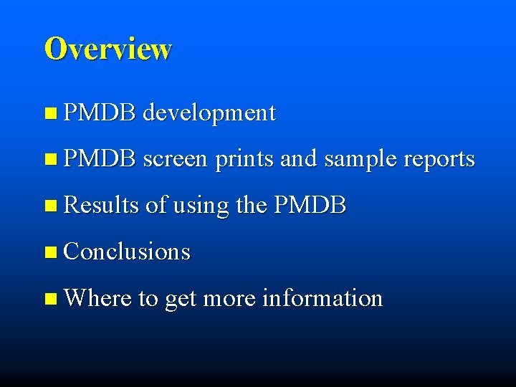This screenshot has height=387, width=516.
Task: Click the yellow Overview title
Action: click(x=107, y=49)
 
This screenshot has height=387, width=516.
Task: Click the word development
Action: click(x=209, y=113)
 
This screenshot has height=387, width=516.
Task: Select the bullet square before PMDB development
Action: click(x=49, y=113)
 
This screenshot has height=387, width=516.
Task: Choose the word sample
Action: click(x=358, y=159)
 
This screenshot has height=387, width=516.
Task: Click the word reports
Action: click(x=435, y=159)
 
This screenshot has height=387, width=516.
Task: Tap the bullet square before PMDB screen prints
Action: click(x=49, y=159)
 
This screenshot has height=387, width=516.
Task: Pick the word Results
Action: click(x=100, y=206)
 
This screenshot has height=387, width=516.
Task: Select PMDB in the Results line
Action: click(x=310, y=206)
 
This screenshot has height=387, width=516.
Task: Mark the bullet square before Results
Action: click(x=49, y=206)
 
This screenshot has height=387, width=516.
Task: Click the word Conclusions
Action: click(x=127, y=252)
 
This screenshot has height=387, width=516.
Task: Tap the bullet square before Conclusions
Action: click(x=49, y=252)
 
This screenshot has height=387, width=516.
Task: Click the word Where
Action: click(x=97, y=297)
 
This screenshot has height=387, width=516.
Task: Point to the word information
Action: click(x=322, y=297)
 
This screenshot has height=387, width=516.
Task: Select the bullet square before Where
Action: click(x=49, y=298)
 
